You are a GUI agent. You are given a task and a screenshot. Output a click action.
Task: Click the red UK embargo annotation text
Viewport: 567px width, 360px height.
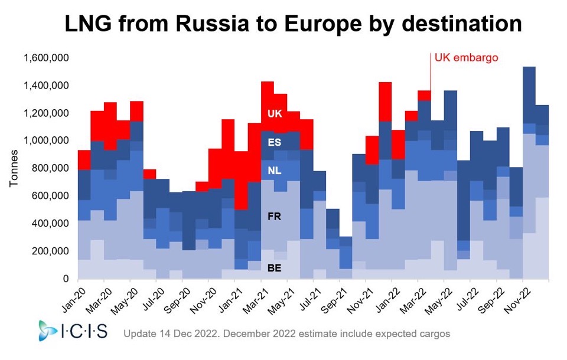pyautogui.click(x=467, y=58)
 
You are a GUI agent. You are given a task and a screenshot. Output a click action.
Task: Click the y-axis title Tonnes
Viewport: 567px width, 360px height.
pyautogui.click(x=15, y=168)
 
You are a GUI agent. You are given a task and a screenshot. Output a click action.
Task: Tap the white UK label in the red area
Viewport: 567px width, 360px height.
pyautogui.click(x=275, y=113)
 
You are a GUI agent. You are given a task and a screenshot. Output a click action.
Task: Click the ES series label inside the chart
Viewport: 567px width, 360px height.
pyautogui.click(x=274, y=142)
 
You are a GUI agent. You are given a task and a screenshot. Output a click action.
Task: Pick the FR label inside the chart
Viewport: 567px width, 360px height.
pyautogui.click(x=274, y=217)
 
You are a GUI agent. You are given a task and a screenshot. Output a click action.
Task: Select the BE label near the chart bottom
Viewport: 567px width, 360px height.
pyautogui.click(x=274, y=267)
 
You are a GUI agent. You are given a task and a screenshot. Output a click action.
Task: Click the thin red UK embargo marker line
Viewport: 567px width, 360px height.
pyautogui.click(x=430, y=74)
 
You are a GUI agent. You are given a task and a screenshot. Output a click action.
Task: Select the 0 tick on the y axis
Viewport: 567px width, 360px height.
pyautogui.click(x=66, y=279)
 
